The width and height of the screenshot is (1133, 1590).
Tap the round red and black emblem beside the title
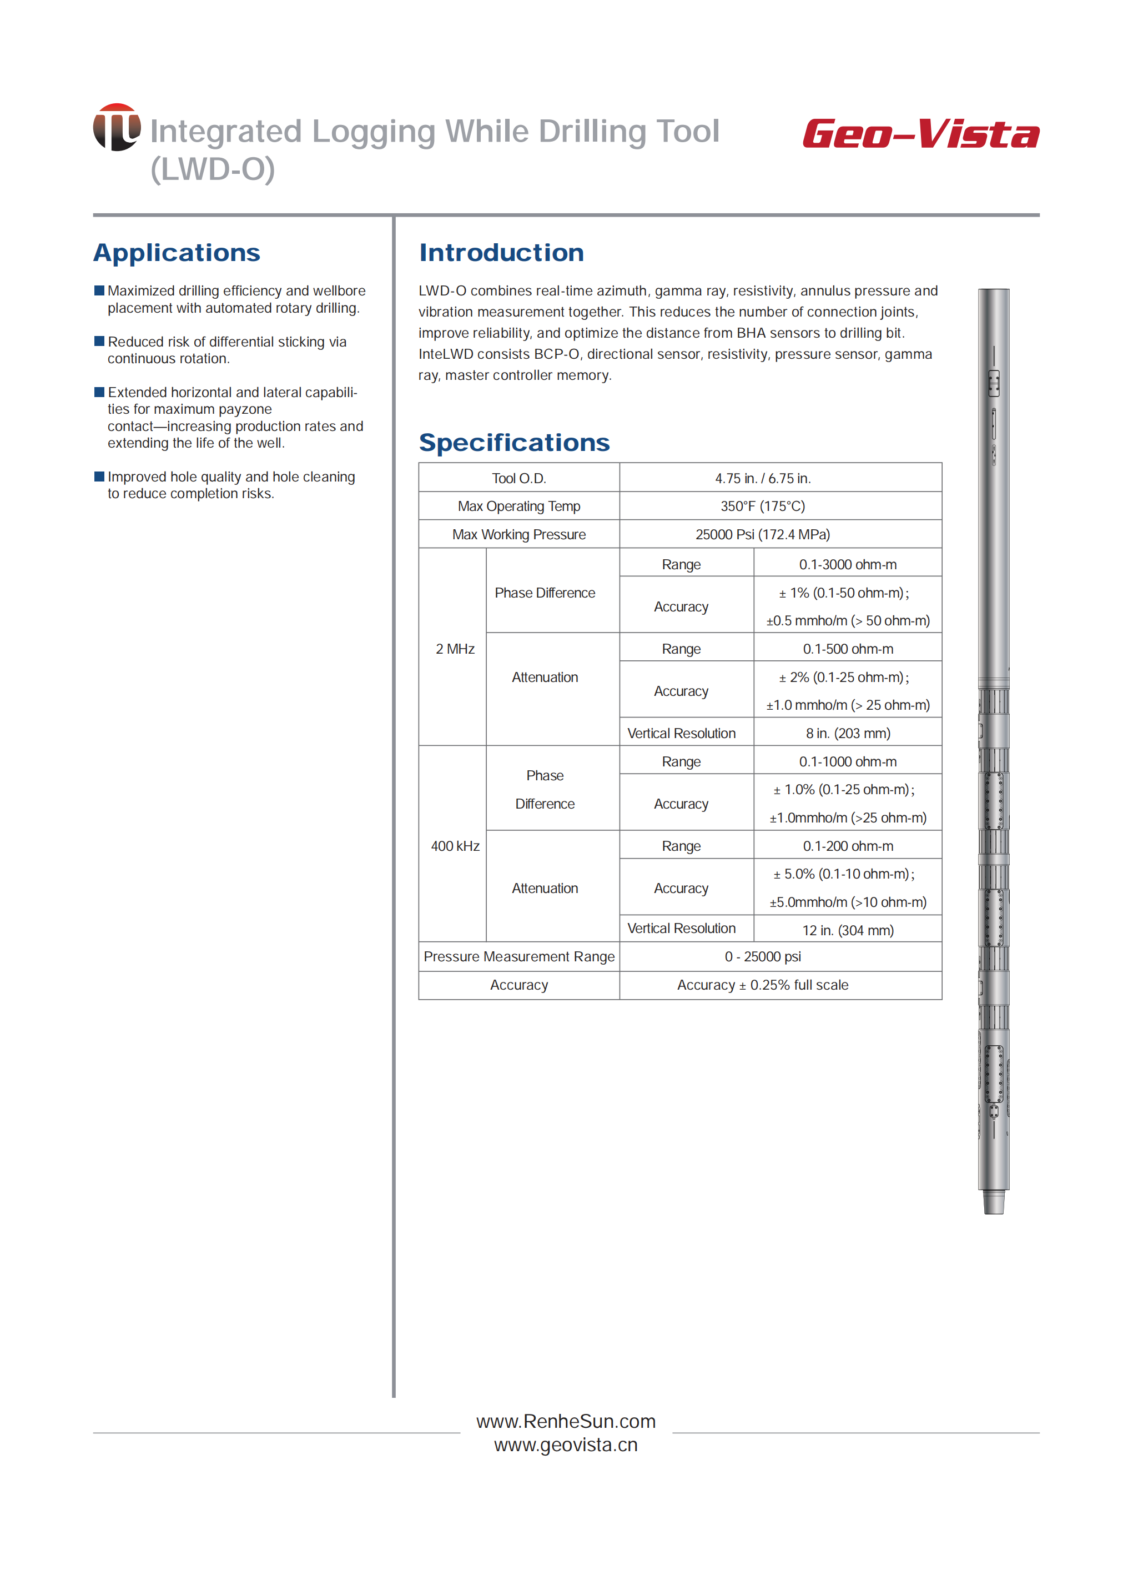tap(117, 127)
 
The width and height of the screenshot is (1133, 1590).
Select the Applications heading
tap(177, 253)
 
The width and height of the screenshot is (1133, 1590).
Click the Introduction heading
tap(501, 253)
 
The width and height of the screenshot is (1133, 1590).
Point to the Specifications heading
tap(514, 443)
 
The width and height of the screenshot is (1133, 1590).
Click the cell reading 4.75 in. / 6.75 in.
tap(763, 478)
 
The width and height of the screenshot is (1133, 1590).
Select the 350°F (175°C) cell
tap(763, 506)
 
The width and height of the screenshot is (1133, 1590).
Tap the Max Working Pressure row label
tap(518, 535)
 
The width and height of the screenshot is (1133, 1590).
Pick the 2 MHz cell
tap(455, 649)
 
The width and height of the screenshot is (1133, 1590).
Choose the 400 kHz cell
tap(455, 846)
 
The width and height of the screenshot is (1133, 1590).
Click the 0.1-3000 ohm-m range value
tap(848, 565)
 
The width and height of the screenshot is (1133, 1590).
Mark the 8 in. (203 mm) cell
tap(848, 734)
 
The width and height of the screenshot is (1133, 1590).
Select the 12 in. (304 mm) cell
tap(848, 930)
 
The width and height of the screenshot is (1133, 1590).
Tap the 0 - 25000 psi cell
tap(763, 957)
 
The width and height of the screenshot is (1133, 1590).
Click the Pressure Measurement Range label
tap(518, 957)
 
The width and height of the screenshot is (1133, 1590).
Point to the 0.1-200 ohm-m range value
tap(848, 846)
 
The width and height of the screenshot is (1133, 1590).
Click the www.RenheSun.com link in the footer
tap(566, 1421)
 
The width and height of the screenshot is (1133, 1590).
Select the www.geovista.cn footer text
tap(566, 1445)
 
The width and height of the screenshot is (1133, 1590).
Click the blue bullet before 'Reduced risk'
tap(99, 342)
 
